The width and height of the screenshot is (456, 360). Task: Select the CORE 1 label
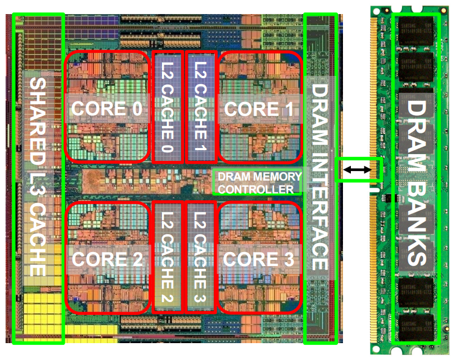coord(259,109)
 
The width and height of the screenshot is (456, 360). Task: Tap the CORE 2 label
coord(107,259)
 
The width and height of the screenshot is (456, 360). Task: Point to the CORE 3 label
coord(259,259)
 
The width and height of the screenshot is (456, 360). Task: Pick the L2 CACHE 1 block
coord(201,107)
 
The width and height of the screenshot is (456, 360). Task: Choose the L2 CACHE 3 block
coord(201,256)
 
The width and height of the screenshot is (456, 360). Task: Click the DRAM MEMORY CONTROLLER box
coord(256,182)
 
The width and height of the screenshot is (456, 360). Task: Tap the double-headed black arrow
coord(360,169)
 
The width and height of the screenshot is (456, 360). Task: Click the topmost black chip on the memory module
coord(417,33)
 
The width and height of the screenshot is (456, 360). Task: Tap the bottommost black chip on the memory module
coord(417,328)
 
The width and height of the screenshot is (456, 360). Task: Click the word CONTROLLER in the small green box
coord(256,189)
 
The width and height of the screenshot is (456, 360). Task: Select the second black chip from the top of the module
coord(417,69)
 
